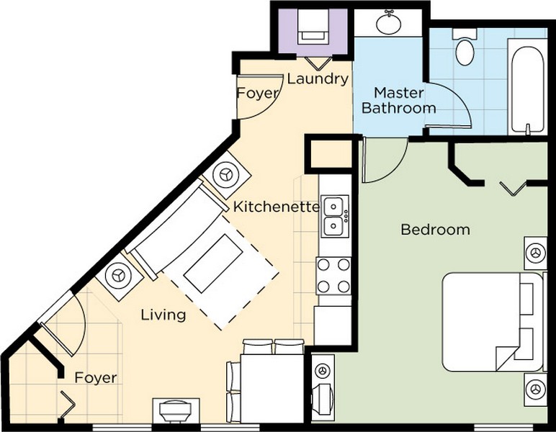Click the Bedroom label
[436, 230]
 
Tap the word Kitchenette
[277, 207]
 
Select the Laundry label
[318, 79]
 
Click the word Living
[163, 315]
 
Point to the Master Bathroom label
[398, 100]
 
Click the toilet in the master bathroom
[465, 47]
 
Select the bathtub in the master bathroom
[527, 86]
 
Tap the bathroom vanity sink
[389, 22]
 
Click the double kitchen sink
[335, 216]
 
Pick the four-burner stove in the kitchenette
[333, 276]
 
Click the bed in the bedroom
[493, 322]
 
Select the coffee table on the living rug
[213, 264]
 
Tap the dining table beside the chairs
[272, 388]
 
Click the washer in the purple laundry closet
[313, 27]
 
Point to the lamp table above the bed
[535, 253]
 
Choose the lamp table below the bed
[535, 389]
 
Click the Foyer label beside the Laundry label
[258, 93]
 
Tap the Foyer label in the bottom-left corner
[95, 378]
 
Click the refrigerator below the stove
[333, 325]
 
